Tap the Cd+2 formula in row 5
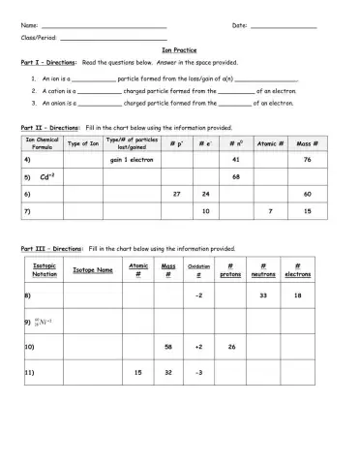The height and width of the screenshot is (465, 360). [x=46, y=177]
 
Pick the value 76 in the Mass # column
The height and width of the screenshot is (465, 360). [x=307, y=159]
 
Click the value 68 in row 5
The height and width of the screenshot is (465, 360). [x=236, y=176]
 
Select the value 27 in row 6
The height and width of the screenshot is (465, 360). [x=176, y=194]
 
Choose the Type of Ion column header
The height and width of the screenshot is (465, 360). [x=82, y=143]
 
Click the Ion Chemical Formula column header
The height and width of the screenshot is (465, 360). [x=42, y=143]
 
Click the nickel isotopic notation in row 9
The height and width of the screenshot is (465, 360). [x=43, y=320]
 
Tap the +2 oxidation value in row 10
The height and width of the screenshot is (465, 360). [x=198, y=346]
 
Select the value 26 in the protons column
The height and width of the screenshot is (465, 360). [x=230, y=346]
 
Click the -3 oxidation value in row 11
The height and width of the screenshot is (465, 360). [x=198, y=372]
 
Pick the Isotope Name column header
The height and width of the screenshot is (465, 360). [x=93, y=270]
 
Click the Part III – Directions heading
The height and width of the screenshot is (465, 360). [x=52, y=248]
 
